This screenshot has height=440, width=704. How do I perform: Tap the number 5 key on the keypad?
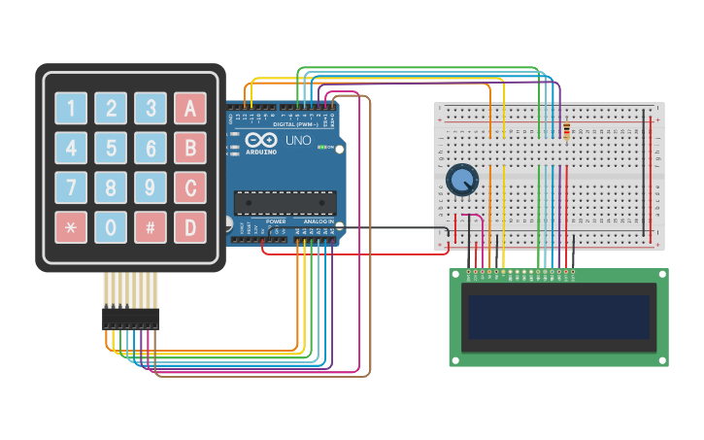pyautogui.click(x=111, y=148)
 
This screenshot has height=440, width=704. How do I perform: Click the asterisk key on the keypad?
pyautogui.click(x=71, y=227)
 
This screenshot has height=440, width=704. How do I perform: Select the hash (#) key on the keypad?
pyautogui.click(x=151, y=227)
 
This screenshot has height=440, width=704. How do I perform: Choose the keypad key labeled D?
pyautogui.click(x=190, y=227)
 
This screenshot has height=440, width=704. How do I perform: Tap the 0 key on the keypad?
pyautogui.click(x=111, y=227)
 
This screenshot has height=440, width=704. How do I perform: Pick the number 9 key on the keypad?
pyautogui.click(x=151, y=187)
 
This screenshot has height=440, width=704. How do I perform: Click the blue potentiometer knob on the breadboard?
pyautogui.click(x=463, y=179)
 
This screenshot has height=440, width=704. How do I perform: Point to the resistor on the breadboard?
pyautogui.click(x=567, y=130)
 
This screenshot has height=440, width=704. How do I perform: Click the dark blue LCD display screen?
pyautogui.click(x=558, y=318)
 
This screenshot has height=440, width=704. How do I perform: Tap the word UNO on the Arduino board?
pyautogui.click(x=298, y=141)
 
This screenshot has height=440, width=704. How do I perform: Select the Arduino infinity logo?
pyautogui.click(x=260, y=140)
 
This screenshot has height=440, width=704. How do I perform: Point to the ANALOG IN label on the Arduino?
pyautogui.click(x=318, y=221)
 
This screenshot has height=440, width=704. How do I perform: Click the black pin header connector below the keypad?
pyautogui.click(x=130, y=318)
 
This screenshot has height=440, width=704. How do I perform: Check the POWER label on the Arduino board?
pyautogui.click(x=276, y=221)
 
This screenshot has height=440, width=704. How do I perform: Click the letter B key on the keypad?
pyautogui.click(x=190, y=148)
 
